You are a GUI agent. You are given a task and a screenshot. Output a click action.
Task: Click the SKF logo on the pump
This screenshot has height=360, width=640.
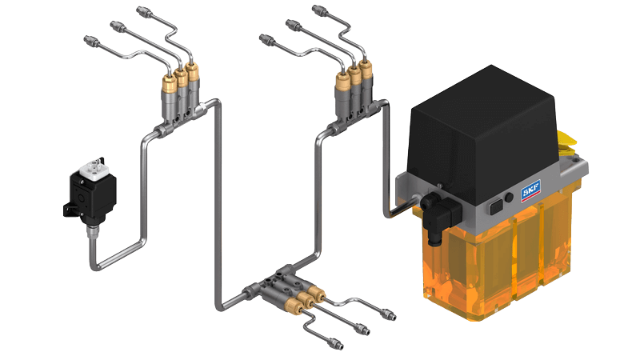click(x=530, y=190)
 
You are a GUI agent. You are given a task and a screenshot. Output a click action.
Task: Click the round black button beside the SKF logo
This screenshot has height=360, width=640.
click(x=509, y=198)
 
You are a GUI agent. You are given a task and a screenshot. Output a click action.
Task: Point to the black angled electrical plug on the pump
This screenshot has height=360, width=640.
click(x=438, y=215)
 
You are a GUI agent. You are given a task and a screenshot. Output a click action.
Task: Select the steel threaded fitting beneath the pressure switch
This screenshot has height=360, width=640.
click(x=90, y=233)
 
